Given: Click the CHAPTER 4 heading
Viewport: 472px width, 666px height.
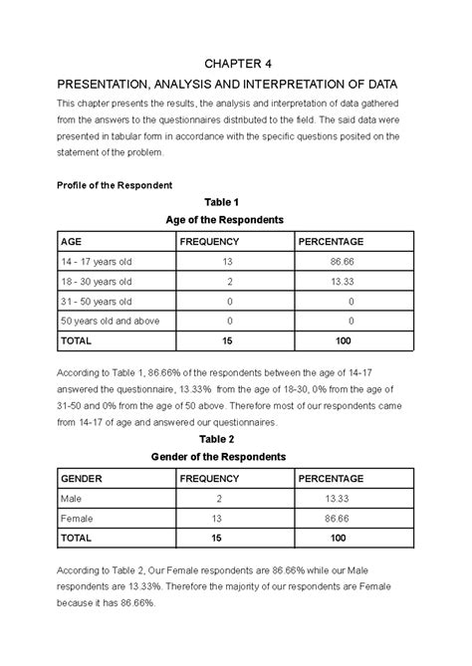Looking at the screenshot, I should coord(235,63).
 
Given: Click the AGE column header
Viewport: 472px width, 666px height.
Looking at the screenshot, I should coord(72,242).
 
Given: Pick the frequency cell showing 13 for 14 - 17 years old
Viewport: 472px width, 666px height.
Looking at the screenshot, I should coord(229,261).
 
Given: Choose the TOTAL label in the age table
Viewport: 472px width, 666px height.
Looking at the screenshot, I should coord(78,340).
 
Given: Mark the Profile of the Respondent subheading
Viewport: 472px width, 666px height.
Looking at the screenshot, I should coord(117,185).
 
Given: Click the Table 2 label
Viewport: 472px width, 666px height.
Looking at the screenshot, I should coord(217,439).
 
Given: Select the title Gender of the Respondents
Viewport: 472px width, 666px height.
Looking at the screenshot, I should coord(218,457).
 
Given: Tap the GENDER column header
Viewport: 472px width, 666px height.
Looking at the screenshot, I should coord(83,478).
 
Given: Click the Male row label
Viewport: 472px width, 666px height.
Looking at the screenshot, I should coord(72,498).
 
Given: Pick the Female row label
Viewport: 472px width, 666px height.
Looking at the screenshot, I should coord(77,518).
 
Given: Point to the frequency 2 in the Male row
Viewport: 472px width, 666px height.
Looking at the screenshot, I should coord(217,498).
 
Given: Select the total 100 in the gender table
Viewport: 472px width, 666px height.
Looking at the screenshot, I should coord(338,537).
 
